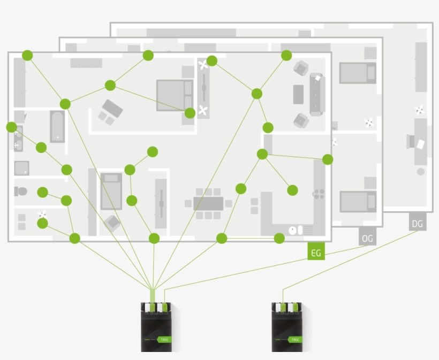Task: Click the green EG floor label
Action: (316, 252)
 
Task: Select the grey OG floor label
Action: (367, 238)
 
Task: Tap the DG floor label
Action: (418, 224)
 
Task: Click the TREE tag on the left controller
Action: (164, 339)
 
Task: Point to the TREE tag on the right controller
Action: (294, 339)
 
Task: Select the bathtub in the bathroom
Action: (57, 126)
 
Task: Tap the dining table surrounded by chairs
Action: (208, 203)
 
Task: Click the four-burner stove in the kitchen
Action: (319, 194)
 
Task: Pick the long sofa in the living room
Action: (317, 94)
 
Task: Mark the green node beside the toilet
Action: (43, 192)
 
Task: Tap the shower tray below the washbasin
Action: (21, 168)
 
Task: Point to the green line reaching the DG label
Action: (348, 257)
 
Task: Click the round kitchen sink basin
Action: (292, 229)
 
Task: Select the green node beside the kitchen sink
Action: (279, 238)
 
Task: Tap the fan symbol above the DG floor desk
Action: (419, 110)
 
